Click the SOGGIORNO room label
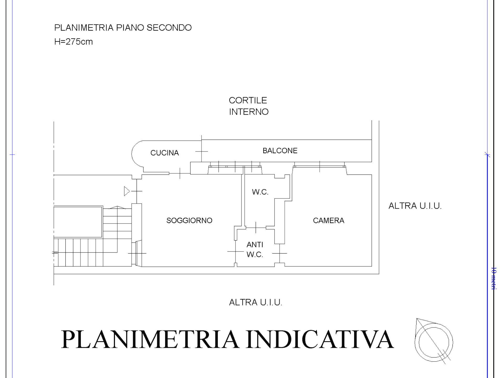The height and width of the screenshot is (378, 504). pyautogui.click(x=189, y=220)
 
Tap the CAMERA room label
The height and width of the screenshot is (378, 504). pyautogui.click(x=328, y=220)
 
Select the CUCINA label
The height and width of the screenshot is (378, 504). pyautogui.click(x=165, y=153)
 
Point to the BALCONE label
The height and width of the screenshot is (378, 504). pyautogui.click(x=280, y=151)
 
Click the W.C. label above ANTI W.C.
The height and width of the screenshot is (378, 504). pyautogui.click(x=260, y=192)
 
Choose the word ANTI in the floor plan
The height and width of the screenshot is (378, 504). pyautogui.click(x=255, y=245)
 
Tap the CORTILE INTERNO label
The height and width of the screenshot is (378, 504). pyautogui.click(x=249, y=106)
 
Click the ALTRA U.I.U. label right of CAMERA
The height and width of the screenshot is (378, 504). pyautogui.click(x=415, y=206)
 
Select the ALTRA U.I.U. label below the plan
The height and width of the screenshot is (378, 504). pyautogui.click(x=256, y=302)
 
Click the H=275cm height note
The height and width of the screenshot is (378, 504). pyautogui.click(x=73, y=42)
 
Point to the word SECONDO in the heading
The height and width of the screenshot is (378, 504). pyautogui.click(x=169, y=28)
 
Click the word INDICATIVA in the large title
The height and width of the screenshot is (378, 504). pyautogui.click(x=320, y=339)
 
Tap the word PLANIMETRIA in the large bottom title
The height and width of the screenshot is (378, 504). pyautogui.click(x=150, y=339)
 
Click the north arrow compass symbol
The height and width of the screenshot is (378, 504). pyautogui.click(x=434, y=341)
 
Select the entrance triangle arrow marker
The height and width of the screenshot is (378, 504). pyautogui.click(x=127, y=191)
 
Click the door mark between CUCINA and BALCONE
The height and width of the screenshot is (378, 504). pyautogui.click(x=202, y=151)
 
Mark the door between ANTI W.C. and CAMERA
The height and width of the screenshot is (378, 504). pyautogui.click(x=280, y=253)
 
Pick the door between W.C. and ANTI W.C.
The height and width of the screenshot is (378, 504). pyautogui.click(x=256, y=227)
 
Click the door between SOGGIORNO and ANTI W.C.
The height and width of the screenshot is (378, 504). pyautogui.click(x=235, y=251)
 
